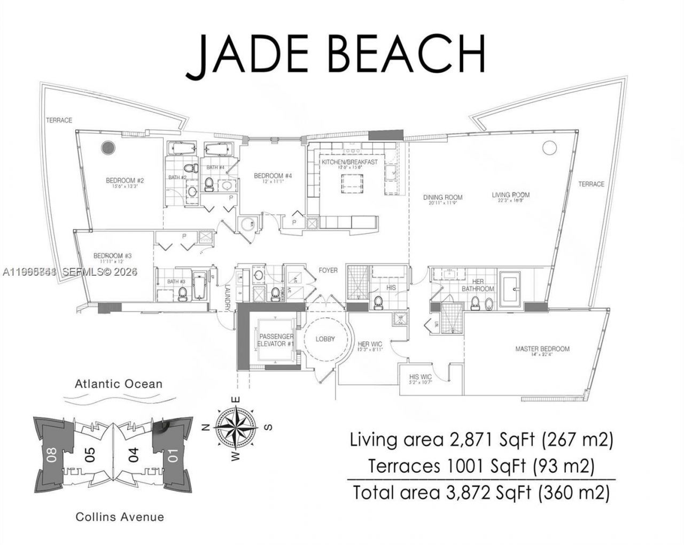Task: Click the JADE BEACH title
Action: click(336, 54)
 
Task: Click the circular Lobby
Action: click(325, 340)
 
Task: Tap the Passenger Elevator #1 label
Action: click(276, 340)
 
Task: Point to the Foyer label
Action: click(328, 270)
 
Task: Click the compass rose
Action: click(235, 427)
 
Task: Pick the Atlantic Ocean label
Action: click(119, 384)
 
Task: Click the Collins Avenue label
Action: click(120, 517)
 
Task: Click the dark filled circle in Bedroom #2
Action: click(109, 147)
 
